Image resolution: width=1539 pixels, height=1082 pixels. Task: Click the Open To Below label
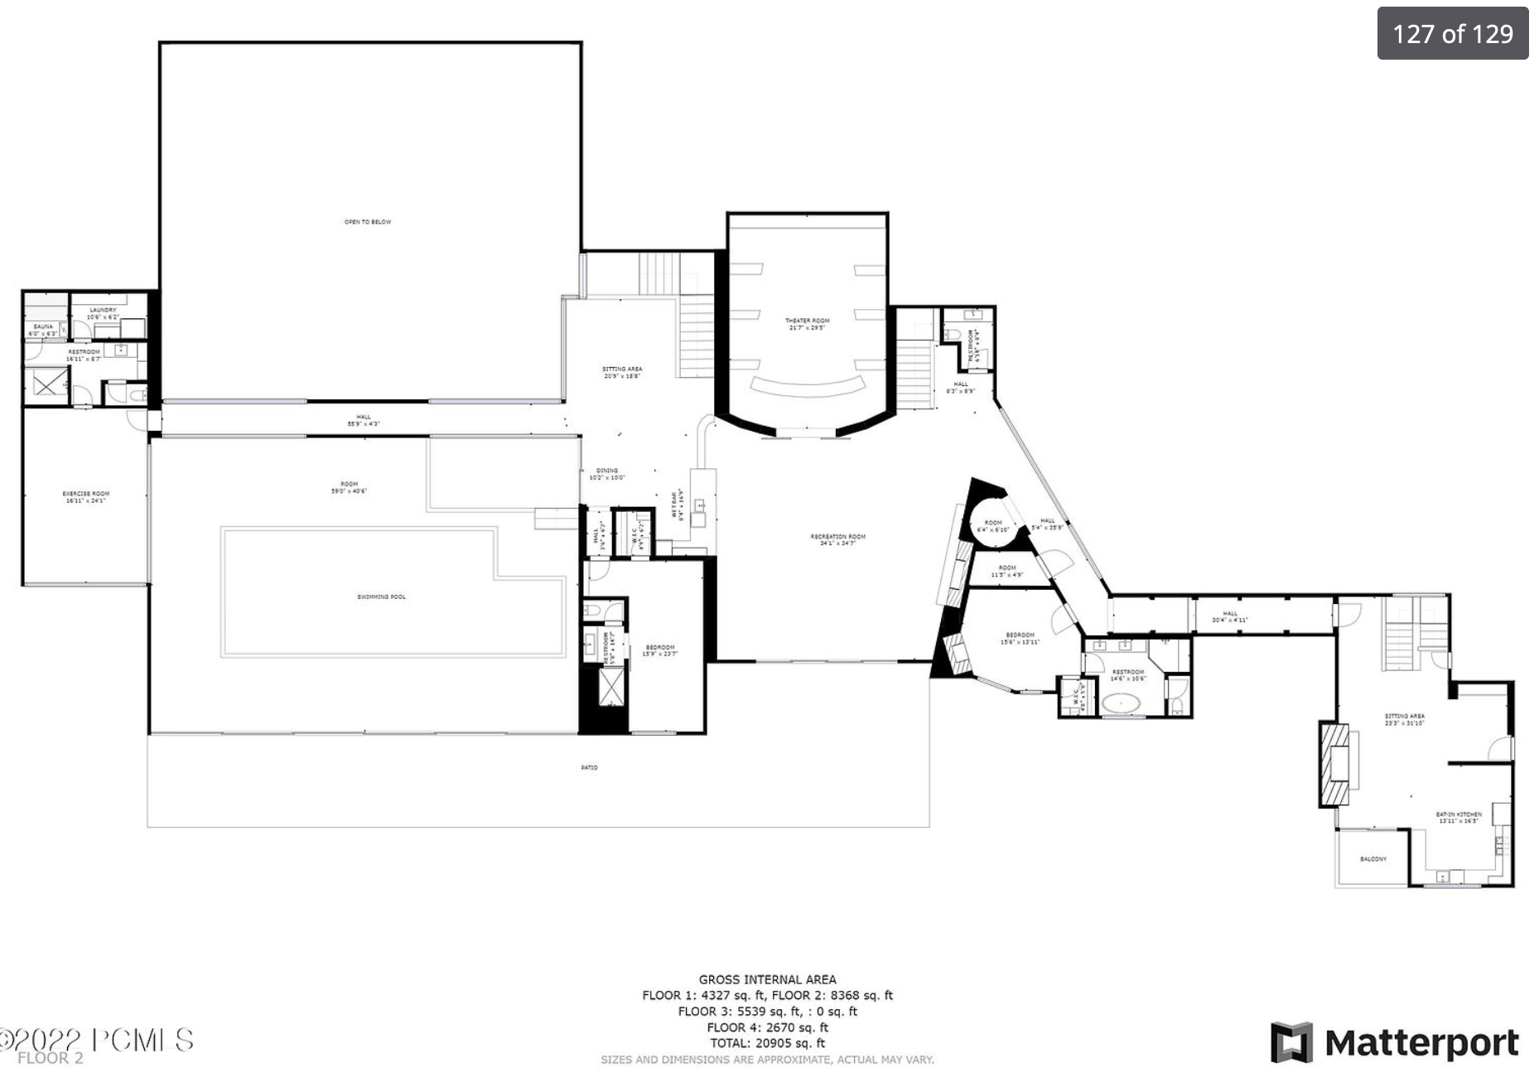point(368,222)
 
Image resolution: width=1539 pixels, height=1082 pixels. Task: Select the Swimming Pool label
point(381,597)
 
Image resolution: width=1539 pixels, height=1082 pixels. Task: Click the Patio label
point(589,768)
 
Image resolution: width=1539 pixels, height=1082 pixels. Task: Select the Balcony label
point(1373,859)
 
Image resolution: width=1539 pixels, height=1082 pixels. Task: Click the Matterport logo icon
point(1291,1042)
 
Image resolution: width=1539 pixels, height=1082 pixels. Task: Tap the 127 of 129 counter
point(1452,34)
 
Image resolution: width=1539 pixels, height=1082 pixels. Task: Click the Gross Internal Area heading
point(767,979)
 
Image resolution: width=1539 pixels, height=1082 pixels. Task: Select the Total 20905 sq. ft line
point(767,1043)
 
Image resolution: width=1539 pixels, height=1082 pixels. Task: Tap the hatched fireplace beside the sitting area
point(1334,764)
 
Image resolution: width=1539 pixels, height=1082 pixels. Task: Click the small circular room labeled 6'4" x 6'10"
point(992,525)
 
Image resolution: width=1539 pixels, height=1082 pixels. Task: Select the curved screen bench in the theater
point(807,387)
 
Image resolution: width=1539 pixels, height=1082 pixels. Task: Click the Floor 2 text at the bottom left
point(50,1058)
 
